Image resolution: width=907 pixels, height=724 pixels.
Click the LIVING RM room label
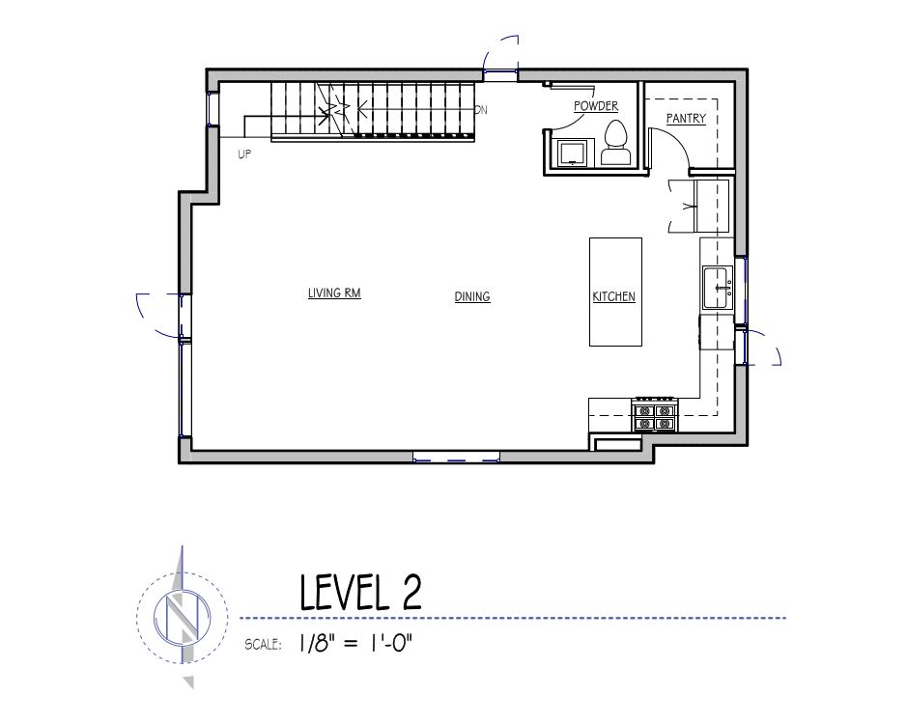[334, 293]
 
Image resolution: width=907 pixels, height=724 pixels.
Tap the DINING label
[472, 296]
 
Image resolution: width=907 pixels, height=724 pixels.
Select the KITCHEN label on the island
[613, 296]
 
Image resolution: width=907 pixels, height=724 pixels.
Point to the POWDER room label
[596, 106]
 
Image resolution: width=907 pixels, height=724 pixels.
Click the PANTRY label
[686, 119]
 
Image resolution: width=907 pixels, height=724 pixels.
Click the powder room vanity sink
[573, 153]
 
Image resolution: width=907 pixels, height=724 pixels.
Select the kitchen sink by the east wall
[718, 288]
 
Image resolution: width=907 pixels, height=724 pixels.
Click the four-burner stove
[656, 414]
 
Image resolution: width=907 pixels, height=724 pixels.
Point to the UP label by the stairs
[244, 155]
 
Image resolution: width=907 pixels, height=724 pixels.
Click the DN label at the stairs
[481, 110]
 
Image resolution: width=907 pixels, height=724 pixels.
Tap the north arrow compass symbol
[183, 617]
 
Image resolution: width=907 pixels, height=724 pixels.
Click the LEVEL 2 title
[360, 592]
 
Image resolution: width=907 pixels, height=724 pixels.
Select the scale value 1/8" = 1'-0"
[356, 643]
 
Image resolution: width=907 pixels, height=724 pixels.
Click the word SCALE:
[263, 644]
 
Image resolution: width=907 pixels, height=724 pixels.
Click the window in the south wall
[456, 457]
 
